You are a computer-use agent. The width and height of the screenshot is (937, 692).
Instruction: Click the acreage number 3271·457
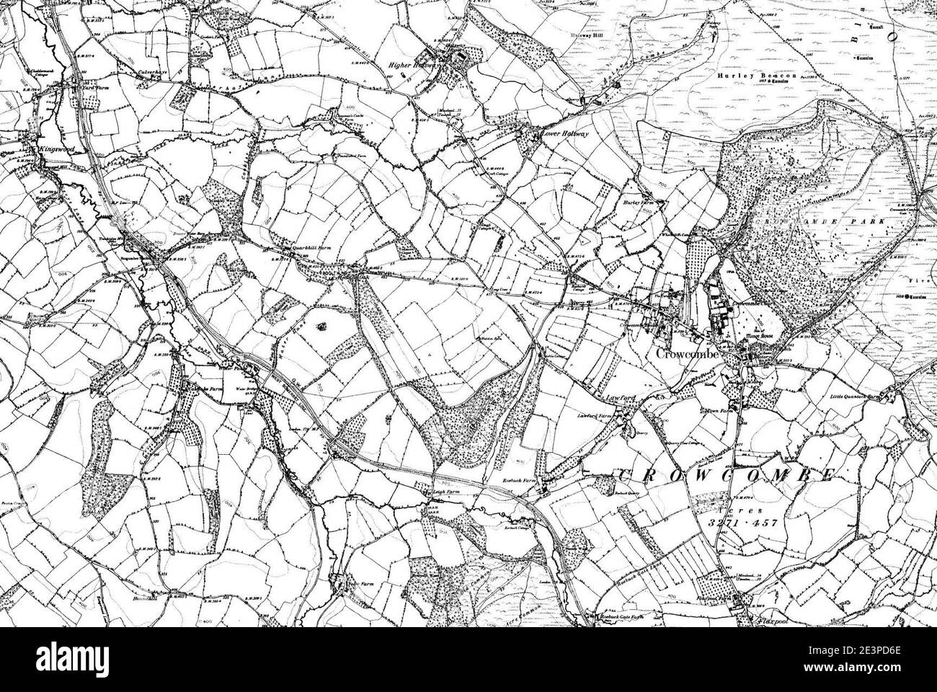[742, 523]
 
